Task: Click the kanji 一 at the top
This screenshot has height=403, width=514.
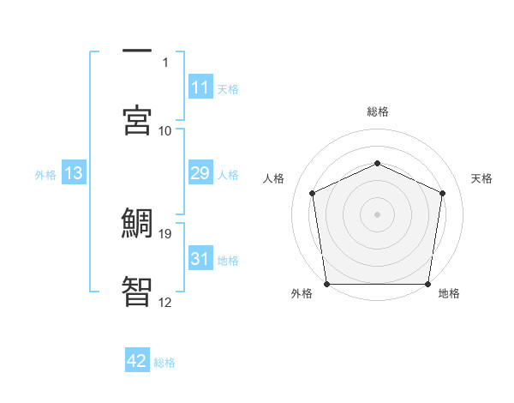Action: pyautogui.click(x=138, y=51)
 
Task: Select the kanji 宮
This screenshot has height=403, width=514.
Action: pyautogui.click(x=138, y=119)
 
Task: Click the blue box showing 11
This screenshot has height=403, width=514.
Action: pyautogui.click(x=200, y=87)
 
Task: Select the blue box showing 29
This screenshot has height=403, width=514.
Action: pyautogui.click(x=200, y=174)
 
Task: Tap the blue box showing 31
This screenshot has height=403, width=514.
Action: pyautogui.click(x=200, y=259)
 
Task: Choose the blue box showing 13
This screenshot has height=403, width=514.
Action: pyautogui.click(x=74, y=174)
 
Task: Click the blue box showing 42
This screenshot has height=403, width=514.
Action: pyautogui.click(x=137, y=362)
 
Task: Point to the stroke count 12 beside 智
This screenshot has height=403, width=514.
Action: pyautogui.click(x=165, y=302)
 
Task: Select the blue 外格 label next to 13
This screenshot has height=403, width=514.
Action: pyautogui.click(x=45, y=175)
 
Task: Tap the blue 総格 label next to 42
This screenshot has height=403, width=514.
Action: pyautogui.click(x=164, y=363)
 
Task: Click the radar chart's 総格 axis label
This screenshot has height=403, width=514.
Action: pyautogui.click(x=378, y=111)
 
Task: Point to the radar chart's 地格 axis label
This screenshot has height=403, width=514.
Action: pyautogui.click(x=449, y=293)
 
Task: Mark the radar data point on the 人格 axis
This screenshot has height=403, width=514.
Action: pyautogui.click(x=313, y=193)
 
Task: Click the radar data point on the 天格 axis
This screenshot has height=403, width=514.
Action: pyautogui.click(x=442, y=193)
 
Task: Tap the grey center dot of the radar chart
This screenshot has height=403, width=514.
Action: pyautogui.click(x=378, y=214)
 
